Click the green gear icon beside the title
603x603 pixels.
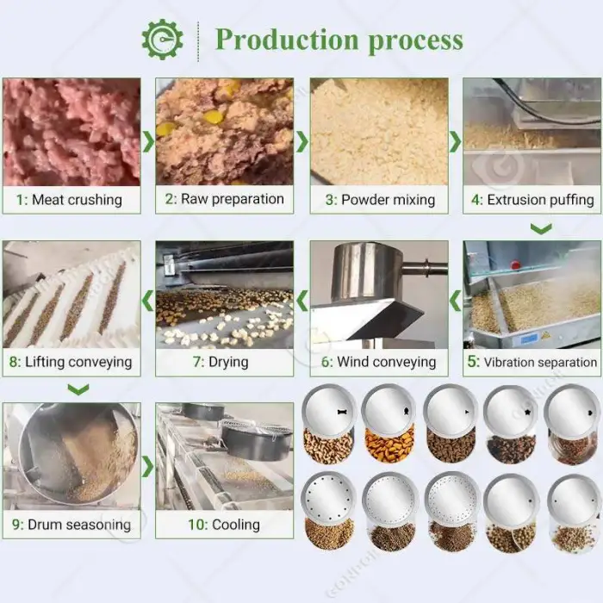(162, 40)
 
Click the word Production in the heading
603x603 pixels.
(287, 40)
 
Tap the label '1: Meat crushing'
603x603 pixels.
(69, 200)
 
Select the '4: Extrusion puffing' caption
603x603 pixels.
(532, 200)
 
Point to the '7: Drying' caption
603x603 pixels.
(221, 362)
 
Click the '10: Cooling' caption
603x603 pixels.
(224, 525)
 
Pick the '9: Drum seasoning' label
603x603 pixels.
(71, 525)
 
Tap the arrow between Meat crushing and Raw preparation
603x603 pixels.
(148, 141)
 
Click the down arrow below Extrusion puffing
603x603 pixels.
(541, 228)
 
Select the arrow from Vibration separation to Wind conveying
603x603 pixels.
(456, 301)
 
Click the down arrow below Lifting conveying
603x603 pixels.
(78, 389)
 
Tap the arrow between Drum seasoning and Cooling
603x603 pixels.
(148, 467)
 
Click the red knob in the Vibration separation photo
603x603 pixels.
(515, 264)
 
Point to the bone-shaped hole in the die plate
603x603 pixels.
(341, 412)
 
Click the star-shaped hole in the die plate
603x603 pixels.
(527, 413)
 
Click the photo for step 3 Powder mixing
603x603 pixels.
(379, 132)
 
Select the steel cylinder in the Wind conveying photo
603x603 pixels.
(367, 271)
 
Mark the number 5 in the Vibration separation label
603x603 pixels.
(473, 362)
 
